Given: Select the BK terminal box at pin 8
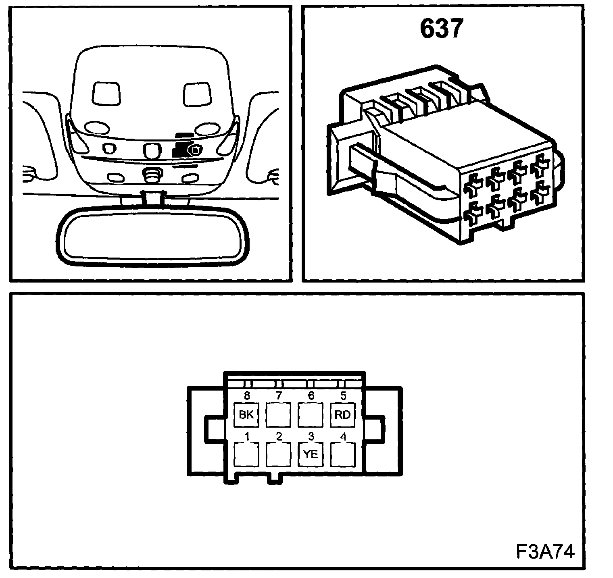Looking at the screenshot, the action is [x=246, y=415].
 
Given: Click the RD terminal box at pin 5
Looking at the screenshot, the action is [x=343, y=415].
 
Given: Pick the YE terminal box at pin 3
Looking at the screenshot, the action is [x=311, y=454].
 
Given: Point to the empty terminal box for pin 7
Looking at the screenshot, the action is [x=278, y=415].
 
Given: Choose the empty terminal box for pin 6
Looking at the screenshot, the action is [x=311, y=415].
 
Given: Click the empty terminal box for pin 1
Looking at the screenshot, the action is [x=246, y=454].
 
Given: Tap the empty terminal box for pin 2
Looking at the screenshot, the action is [x=278, y=454].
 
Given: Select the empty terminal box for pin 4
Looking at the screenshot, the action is [x=343, y=454].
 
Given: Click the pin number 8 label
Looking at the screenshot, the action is [x=247, y=396].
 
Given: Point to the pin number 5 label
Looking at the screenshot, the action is [x=343, y=396].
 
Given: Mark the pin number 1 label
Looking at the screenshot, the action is [x=247, y=436].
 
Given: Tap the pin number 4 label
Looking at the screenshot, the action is [x=343, y=436].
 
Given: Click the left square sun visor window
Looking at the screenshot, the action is [x=106, y=94].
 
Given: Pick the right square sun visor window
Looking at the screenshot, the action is [x=197, y=94].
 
